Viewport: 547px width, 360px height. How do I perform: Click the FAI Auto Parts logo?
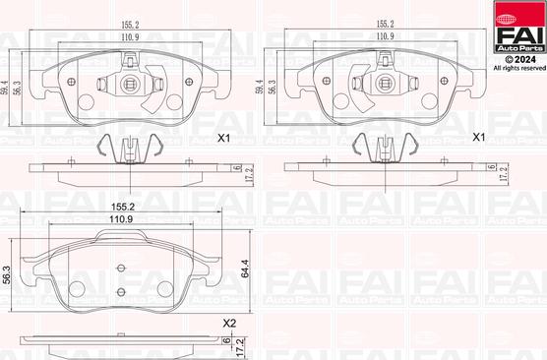coord(519,27)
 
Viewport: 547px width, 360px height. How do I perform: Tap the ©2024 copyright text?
coord(519,60)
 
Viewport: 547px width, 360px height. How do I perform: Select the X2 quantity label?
coord(229,324)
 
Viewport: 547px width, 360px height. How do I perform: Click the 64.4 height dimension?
coord(246,269)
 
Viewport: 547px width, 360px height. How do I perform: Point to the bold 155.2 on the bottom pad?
coord(122,207)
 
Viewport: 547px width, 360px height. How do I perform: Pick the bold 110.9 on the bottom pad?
coord(121,219)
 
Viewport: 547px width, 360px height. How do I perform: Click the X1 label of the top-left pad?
coord(223,138)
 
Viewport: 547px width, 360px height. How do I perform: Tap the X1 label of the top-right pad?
coord(478,138)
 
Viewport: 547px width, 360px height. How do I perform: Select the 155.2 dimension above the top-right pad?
coord(386,24)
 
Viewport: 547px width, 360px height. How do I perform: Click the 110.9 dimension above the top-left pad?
coord(130,37)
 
